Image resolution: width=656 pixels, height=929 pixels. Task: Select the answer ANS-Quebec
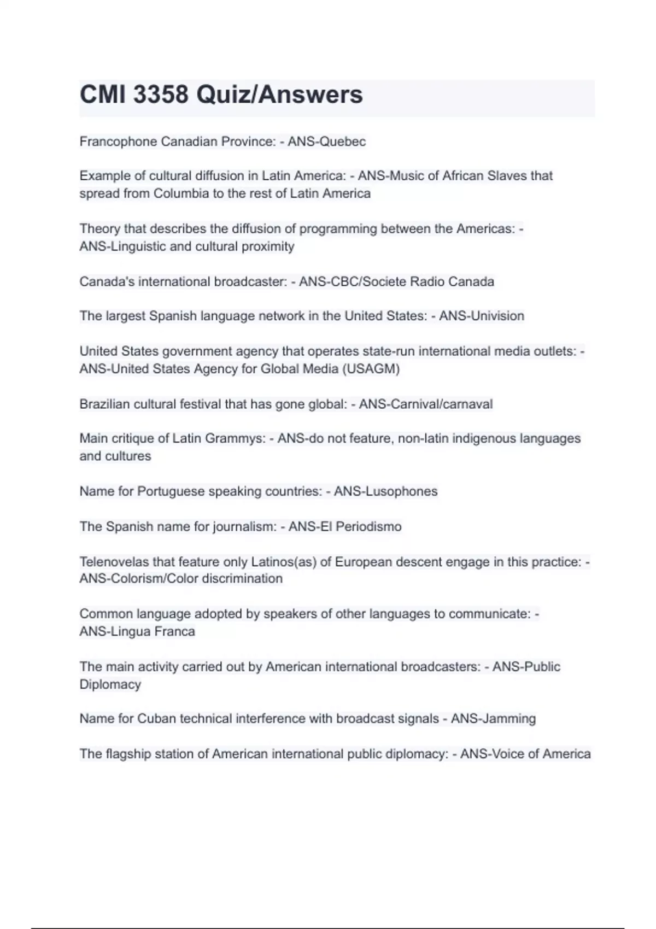pyautogui.click(x=326, y=142)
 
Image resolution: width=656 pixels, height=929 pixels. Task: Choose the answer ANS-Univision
pyautogui.click(x=482, y=316)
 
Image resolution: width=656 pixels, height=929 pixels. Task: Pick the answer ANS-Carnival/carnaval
pyautogui.click(x=425, y=404)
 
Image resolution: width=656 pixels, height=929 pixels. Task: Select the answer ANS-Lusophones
pyautogui.click(x=385, y=491)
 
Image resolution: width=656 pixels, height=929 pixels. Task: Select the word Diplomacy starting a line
pyautogui.click(x=110, y=684)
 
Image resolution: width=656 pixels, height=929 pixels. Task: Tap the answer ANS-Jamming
pyautogui.click(x=493, y=718)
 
